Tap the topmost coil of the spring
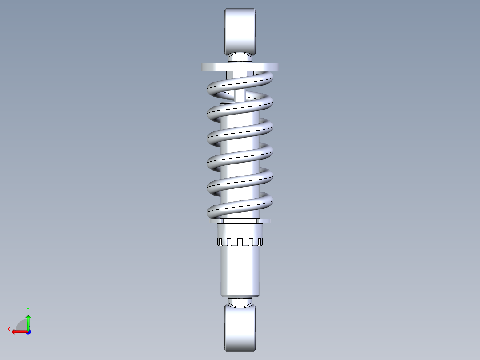(240, 80)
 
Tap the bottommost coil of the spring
(240, 208)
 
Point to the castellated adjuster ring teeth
(240, 242)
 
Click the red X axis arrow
(18, 331)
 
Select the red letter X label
(9, 329)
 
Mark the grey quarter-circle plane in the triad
(22, 325)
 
